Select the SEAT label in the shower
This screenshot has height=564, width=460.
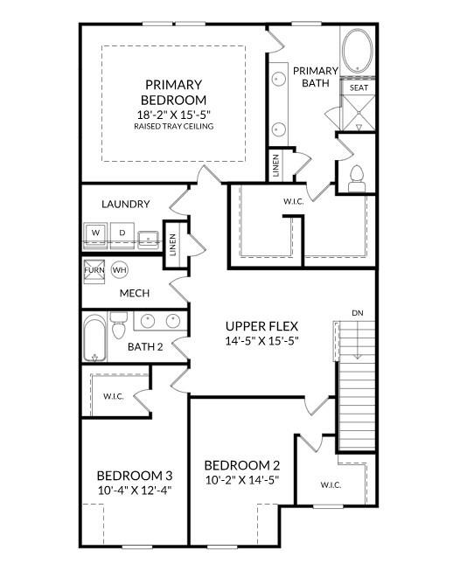click(359, 88)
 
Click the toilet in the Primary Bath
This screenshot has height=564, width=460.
click(356, 178)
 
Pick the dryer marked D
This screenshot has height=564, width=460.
click(122, 233)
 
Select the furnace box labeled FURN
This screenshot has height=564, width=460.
click(94, 269)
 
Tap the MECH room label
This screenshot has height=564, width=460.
click(134, 293)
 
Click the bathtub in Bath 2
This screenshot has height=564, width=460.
click(95, 339)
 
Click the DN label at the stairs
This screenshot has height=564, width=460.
click(357, 312)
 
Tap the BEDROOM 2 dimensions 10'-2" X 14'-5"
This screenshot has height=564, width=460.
click(241, 480)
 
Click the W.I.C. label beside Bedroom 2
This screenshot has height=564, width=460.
click(330, 484)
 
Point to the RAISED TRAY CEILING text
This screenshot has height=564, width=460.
click(173, 126)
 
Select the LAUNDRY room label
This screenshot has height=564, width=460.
click(125, 204)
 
